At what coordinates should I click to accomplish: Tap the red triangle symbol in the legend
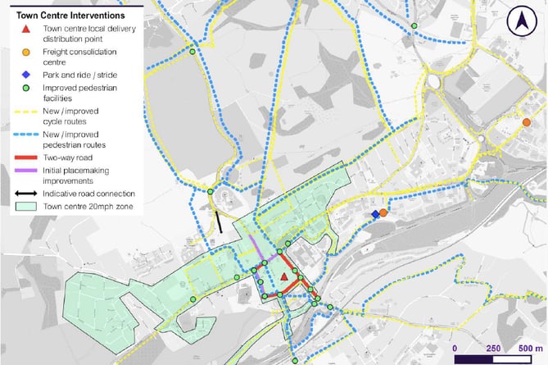pos(27,30)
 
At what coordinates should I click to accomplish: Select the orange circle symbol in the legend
pos(27,52)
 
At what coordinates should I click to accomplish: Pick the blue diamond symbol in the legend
pos(27,75)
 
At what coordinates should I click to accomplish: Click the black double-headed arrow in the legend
pos(27,194)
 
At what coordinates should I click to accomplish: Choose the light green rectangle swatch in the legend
pos(27,206)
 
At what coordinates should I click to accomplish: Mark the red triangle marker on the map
pos(284,277)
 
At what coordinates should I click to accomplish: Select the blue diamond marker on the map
pos(375,214)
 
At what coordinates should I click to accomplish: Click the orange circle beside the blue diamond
pos(383,212)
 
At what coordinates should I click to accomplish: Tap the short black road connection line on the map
pos(219,222)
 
